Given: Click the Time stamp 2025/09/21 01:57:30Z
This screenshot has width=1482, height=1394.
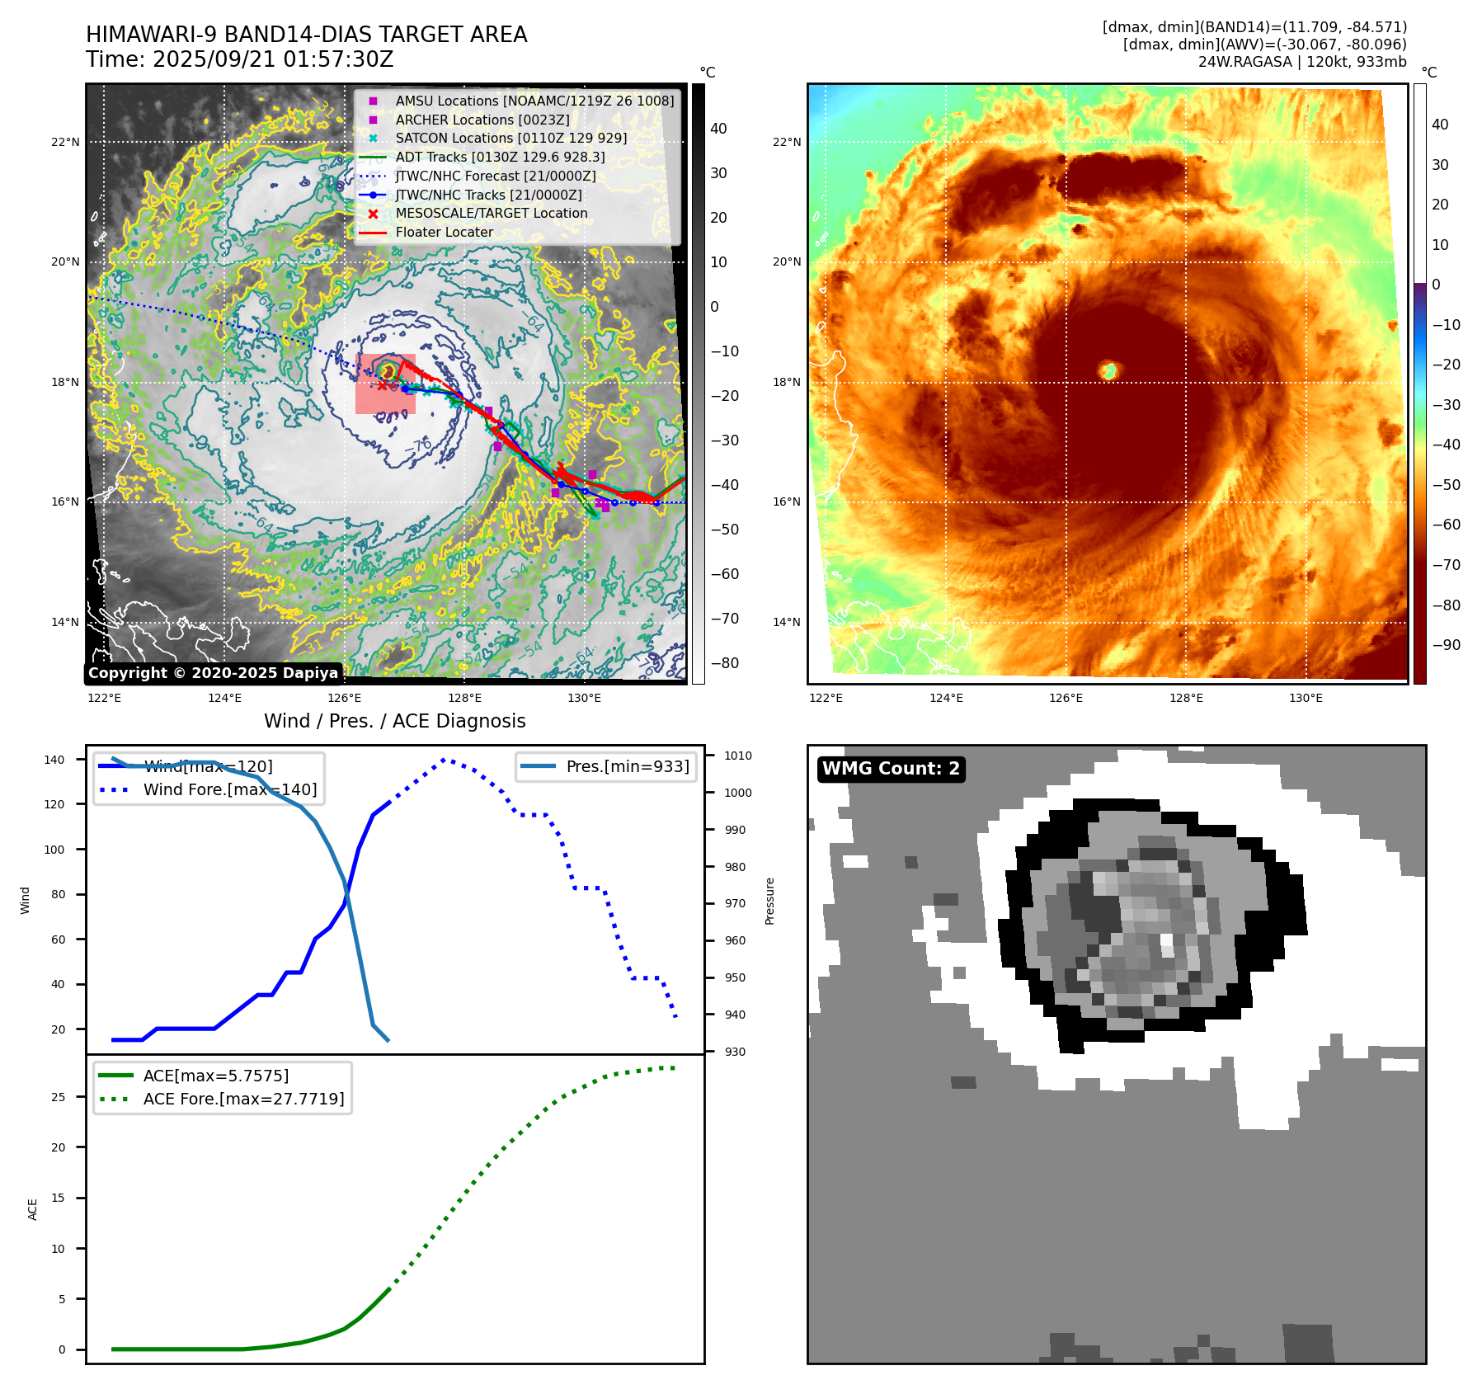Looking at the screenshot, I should point(239,60).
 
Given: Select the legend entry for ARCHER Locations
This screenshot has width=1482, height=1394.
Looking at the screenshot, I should point(482,120).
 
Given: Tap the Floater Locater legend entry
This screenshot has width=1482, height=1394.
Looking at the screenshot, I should point(444,233).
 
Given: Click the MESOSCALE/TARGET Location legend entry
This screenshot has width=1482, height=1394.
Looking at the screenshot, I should point(491,214).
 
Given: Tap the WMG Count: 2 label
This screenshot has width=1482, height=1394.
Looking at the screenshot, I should point(891,769).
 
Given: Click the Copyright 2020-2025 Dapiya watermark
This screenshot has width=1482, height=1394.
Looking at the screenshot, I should point(213,673).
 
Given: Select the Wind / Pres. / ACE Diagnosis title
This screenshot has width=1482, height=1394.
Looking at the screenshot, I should point(394,721).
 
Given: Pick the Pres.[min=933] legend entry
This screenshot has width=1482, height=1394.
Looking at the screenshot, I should point(627,766).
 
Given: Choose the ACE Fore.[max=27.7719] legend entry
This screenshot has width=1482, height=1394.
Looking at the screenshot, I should point(243,1099).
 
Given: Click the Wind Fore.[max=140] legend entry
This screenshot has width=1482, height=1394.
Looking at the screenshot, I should point(229,789).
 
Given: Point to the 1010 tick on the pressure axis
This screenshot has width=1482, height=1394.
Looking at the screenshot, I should point(737,756).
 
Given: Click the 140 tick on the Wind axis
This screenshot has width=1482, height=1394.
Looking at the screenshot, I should point(54,760).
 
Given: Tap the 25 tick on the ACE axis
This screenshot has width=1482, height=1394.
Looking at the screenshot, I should point(58,1097).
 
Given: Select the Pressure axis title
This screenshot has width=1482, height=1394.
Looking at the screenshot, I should point(769,901).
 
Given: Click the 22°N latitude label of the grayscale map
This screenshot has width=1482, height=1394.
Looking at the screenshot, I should point(65,142).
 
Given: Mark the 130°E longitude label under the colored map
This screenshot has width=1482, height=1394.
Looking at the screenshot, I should point(1306,699).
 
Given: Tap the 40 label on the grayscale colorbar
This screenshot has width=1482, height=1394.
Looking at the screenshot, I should point(718,129).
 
